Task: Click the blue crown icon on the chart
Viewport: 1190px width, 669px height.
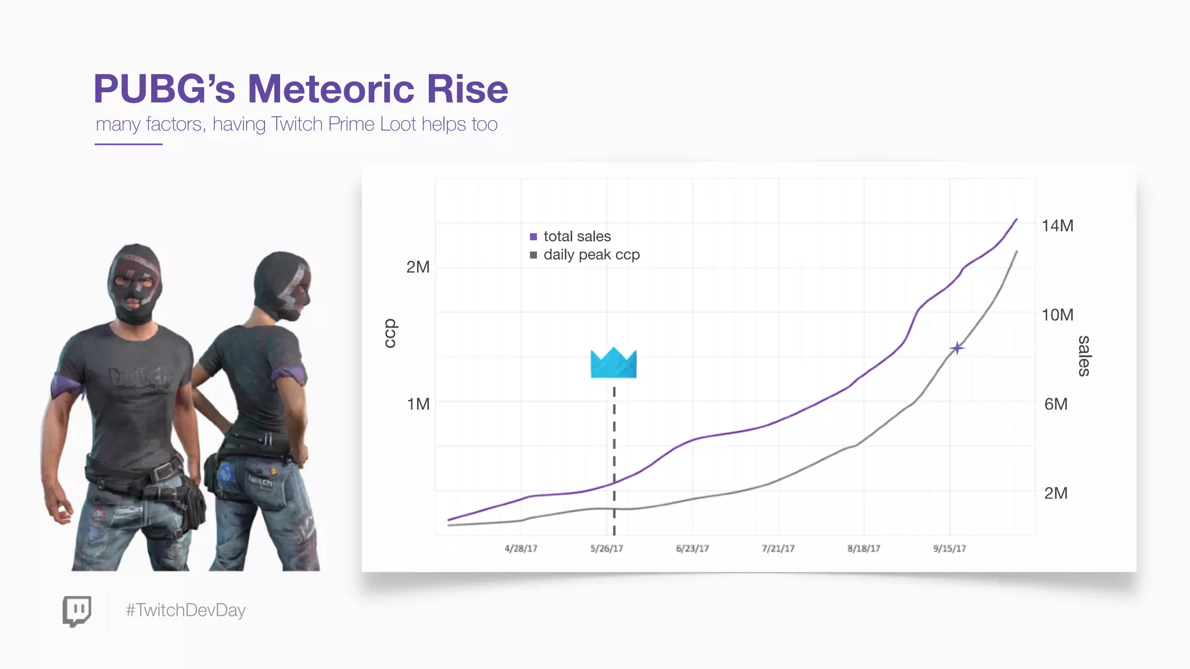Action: (x=614, y=364)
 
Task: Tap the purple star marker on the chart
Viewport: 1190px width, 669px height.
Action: (x=957, y=348)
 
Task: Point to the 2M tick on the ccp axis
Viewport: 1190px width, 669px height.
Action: (x=418, y=267)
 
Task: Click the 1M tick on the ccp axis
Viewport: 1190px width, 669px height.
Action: (x=418, y=404)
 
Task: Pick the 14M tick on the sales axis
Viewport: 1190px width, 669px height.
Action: (x=1057, y=226)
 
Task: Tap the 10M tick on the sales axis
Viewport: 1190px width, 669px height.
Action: (x=1057, y=315)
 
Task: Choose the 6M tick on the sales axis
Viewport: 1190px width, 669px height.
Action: (x=1056, y=404)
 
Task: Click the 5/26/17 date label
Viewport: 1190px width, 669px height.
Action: (x=607, y=549)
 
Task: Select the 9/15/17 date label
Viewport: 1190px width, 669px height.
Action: (x=949, y=549)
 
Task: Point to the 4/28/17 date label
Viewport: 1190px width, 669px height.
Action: (x=521, y=549)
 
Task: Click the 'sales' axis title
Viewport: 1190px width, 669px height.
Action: (x=1084, y=356)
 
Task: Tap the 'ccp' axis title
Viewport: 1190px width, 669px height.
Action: (x=390, y=333)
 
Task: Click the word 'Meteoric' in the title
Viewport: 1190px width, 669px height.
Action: (x=331, y=89)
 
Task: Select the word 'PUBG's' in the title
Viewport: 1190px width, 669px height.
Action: (x=164, y=89)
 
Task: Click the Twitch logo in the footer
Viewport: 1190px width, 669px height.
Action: (x=77, y=611)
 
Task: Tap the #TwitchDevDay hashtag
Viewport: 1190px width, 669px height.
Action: (x=186, y=610)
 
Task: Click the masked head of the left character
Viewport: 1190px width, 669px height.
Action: (x=134, y=283)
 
